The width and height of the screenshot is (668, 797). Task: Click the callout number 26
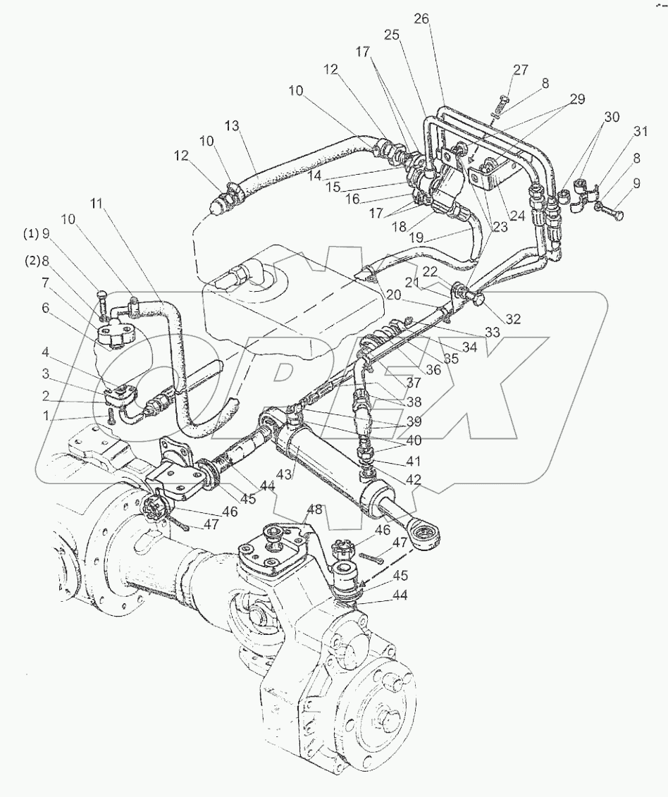pyautogui.click(x=421, y=19)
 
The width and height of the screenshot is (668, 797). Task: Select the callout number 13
pyautogui.click(x=233, y=126)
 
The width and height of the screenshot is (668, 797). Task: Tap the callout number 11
pyautogui.click(x=97, y=204)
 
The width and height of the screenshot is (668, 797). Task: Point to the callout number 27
pyautogui.click(x=521, y=70)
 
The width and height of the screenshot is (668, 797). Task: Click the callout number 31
pyautogui.click(x=641, y=132)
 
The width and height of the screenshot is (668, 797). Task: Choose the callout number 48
pyautogui.click(x=315, y=509)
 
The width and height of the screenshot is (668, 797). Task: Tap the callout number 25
pyautogui.click(x=392, y=35)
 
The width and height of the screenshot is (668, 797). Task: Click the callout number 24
pyautogui.click(x=517, y=216)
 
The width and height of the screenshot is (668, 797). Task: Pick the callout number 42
pyautogui.click(x=414, y=479)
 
